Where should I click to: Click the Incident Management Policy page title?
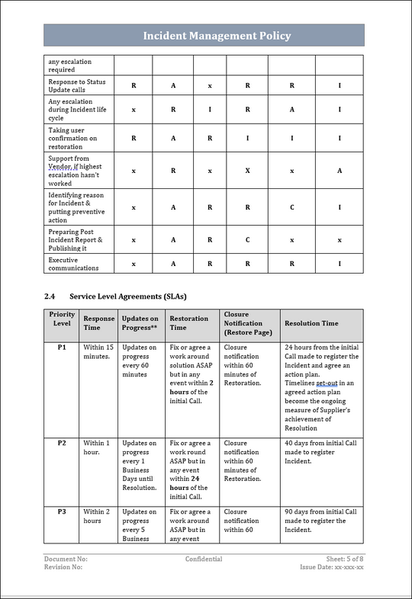coord(217,36)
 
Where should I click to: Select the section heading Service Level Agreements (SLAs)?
coord(127,296)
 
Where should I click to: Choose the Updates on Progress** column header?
coord(140,323)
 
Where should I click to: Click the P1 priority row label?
coord(62,348)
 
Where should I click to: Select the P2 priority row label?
coord(62,443)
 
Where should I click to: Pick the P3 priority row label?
coord(62,511)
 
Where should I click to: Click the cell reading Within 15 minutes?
coord(98,351)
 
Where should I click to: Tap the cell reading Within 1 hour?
coord(96,447)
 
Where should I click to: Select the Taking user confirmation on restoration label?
coord(72,139)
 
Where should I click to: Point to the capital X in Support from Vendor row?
coord(247,170)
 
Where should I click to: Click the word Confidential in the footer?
coord(204,559)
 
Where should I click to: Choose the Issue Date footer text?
coord(332,568)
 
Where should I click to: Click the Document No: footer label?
coord(66,559)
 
